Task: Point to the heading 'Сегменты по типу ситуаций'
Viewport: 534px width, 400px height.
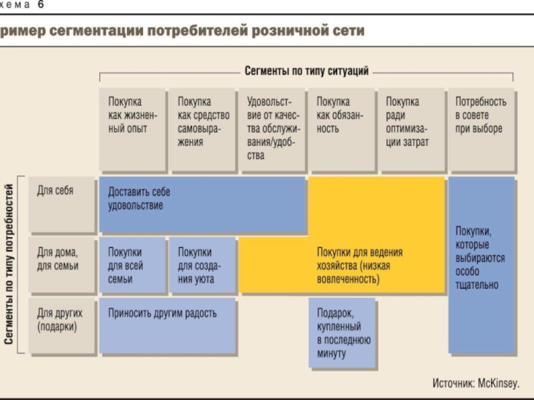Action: [306, 70]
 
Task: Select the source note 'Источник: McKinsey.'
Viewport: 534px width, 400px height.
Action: [475, 383]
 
